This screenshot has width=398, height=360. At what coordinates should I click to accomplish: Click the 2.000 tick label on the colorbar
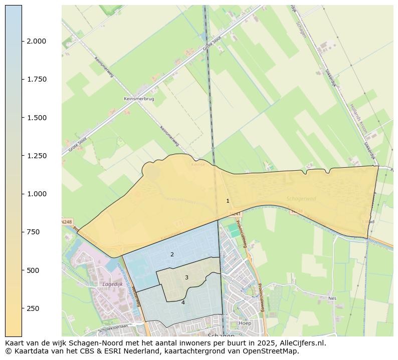36,41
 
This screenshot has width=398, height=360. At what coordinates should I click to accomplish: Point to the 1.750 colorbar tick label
36,79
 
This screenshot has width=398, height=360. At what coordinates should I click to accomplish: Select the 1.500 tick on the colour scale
36,118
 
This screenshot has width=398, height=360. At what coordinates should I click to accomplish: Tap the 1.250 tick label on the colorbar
36,156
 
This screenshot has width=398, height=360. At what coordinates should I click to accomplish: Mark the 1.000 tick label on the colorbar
36,194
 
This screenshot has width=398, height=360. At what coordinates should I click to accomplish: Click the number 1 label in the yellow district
228,201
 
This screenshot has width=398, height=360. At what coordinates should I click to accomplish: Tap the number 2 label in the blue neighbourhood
172,254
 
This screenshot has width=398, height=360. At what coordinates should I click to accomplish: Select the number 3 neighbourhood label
186,277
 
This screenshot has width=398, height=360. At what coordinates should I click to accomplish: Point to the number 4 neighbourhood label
183,302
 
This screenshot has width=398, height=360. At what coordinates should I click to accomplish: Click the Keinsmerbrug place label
139,99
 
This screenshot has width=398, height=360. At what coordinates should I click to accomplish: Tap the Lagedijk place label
112,284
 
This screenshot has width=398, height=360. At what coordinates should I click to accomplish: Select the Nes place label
332,298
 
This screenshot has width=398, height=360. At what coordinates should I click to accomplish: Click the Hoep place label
245,323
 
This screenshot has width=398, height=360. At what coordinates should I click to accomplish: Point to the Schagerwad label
301,199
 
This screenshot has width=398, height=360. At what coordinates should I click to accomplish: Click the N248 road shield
67,222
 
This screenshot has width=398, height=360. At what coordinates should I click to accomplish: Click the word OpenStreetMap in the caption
271,351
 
